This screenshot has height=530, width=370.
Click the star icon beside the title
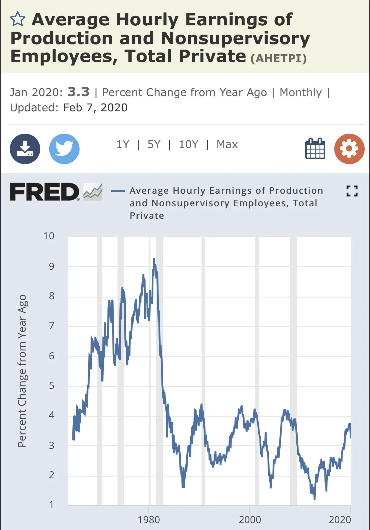(18, 19)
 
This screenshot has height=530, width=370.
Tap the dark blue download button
(25, 149)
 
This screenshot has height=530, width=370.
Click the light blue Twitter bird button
(64, 149)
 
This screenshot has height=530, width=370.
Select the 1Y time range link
(122, 144)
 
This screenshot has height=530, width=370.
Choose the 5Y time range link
(154, 144)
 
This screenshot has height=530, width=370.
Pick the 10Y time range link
(188, 144)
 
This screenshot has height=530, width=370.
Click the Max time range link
(227, 144)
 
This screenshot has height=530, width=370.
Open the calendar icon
(315, 148)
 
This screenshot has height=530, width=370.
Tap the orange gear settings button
(349, 149)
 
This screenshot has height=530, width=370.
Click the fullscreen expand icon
(352, 191)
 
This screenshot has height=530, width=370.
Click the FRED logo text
(45, 192)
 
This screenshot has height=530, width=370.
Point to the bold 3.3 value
(78, 92)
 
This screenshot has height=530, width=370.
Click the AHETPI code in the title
(279, 58)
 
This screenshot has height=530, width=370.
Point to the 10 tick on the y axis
(49, 236)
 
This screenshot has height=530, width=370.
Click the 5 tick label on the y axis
(52, 385)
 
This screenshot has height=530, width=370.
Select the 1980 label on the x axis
(149, 520)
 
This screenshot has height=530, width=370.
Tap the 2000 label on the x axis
(250, 520)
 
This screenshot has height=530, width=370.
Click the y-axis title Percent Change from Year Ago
(22, 371)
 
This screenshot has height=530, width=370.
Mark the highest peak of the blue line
(154, 259)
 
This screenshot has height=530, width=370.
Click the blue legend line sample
(118, 191)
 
